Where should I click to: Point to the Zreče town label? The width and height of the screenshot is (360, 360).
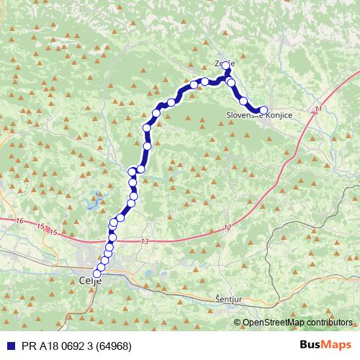pos(224,63)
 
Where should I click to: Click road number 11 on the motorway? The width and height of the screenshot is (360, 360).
pos(318,109)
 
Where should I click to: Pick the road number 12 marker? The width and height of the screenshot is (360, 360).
pos(228,228)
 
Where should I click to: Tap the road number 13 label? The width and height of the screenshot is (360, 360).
pos(146,241)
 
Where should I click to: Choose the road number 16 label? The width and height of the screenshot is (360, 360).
pos(19,221)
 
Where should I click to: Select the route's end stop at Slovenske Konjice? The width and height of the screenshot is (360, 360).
pos(264,110)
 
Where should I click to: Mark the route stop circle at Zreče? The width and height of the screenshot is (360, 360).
pos(226,66)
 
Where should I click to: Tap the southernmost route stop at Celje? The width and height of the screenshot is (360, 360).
pos(97,274)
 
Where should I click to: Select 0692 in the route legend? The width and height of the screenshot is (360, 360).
pos(68,346)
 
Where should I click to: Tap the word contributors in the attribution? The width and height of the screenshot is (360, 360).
pos(331,323)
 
